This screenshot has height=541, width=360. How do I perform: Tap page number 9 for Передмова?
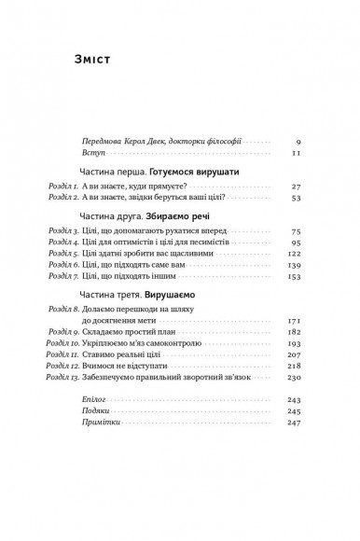pyautogui.click(x=296, y=140)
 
